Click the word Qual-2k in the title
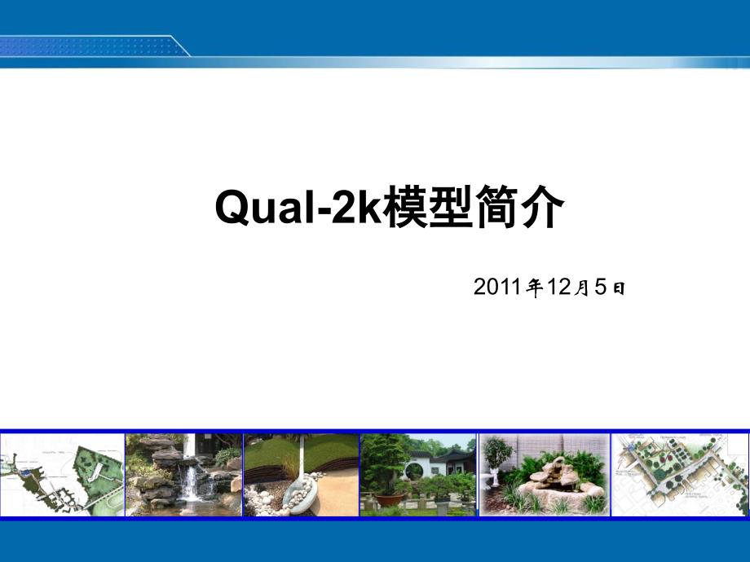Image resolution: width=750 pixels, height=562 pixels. click(299, 207)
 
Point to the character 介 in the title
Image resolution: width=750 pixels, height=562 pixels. click(540, 206)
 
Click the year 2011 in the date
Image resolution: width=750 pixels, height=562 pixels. click(497, 287)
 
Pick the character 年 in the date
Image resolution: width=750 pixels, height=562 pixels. click(534, 288)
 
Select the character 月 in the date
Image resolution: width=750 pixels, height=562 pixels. click(582, 288)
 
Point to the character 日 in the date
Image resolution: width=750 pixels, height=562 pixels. click(619, 288)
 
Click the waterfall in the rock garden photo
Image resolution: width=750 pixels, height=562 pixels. click(191, 483)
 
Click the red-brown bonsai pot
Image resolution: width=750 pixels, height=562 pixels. click(388, 500)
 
